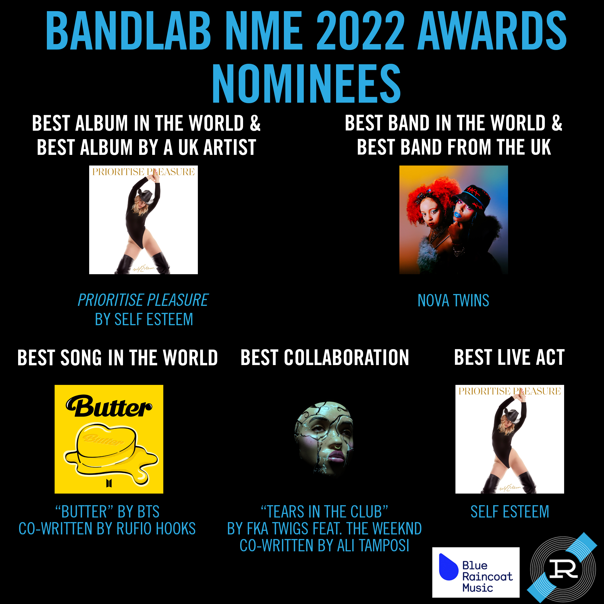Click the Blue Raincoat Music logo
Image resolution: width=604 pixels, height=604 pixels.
click(475, 572)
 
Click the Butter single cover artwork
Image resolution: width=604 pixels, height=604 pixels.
click(109, 439)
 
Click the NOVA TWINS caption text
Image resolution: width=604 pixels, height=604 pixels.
click(453, 301)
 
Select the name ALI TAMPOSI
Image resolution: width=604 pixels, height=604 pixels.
click(373, 546)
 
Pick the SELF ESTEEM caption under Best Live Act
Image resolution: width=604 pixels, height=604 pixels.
click(510, 512)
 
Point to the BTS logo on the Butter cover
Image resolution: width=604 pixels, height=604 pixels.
click(109, 483)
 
